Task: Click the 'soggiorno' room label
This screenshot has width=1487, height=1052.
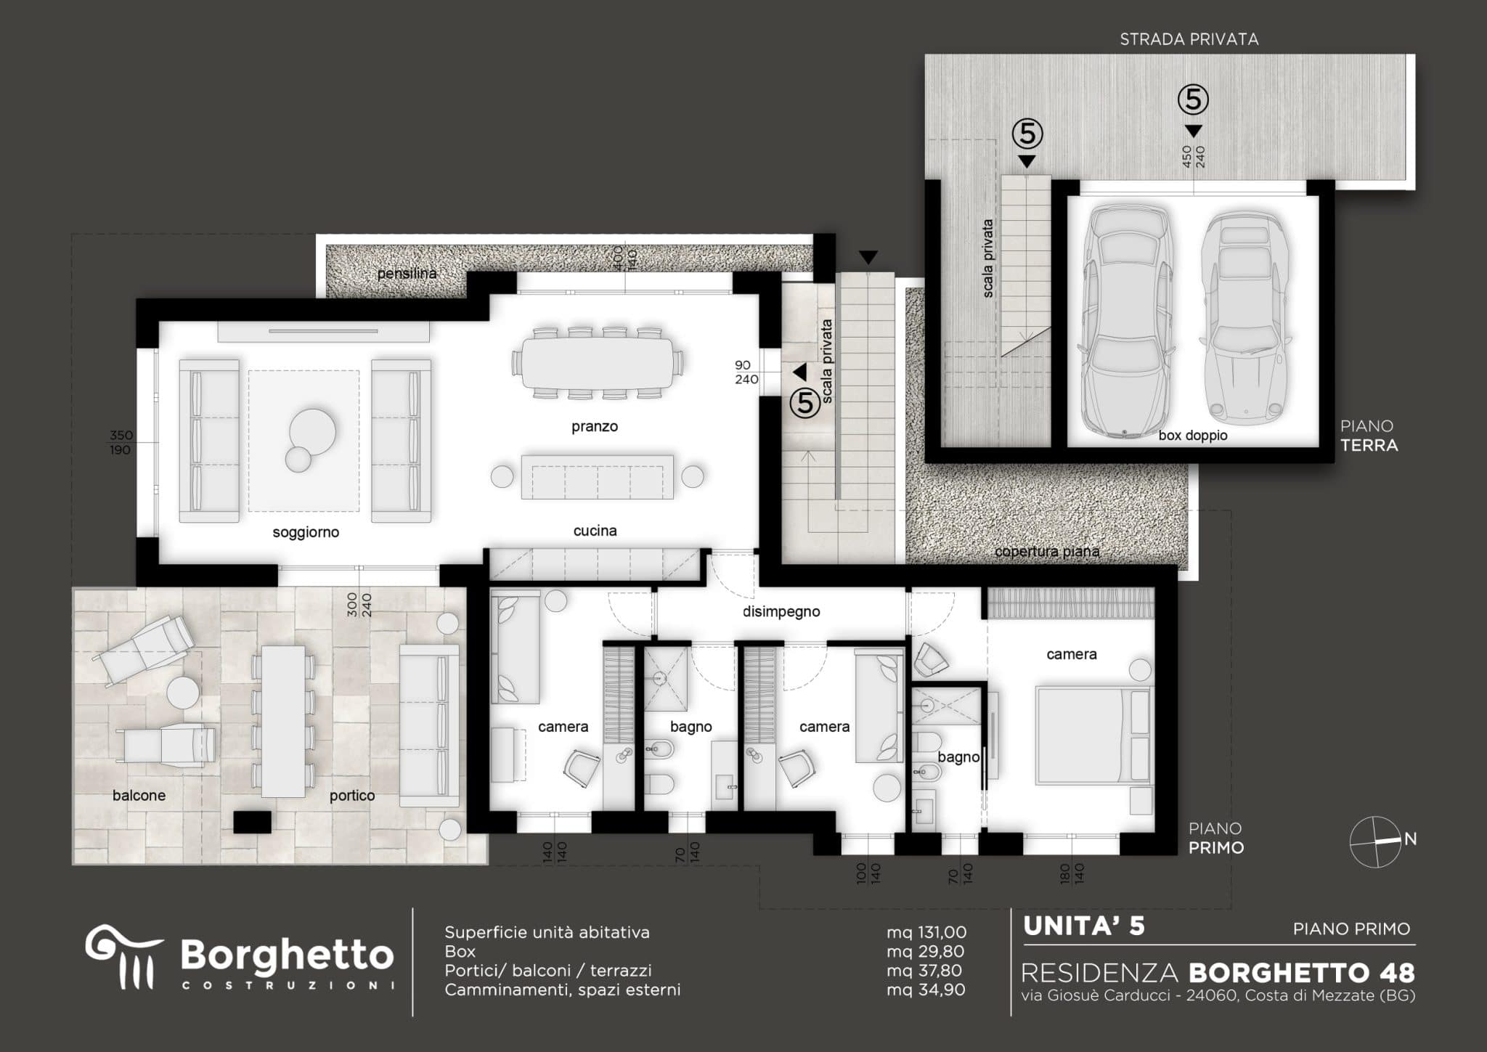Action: pyautogui.click(x=306, y=533)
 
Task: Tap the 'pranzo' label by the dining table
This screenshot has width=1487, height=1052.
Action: pyautogui.click(x=595, y=427)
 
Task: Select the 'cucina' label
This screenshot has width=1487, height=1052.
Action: pyautogui.click(x=595, y=531)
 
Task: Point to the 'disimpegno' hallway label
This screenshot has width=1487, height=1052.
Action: pyautogui.click(x=781, y=612)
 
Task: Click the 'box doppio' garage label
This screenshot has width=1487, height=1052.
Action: pyautogui.click(x=1193, y=436)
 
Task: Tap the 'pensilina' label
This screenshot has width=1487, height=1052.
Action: pyautogui.click(x=407, y=274)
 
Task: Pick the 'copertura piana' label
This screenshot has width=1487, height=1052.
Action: pyautogui.click(x=1047, y=552)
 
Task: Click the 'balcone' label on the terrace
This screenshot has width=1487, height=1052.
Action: pyautogui.click(x=139, y=796)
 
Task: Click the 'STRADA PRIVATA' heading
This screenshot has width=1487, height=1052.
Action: pyautogui.click(x=1189, y=39)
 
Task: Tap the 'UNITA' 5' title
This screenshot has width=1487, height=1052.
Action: pyautogui.click(x=1084, y=926)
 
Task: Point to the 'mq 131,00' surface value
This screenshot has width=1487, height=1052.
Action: pyautogui.click(x=926, y=933)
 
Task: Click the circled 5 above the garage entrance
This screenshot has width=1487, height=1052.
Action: pyautogui.click(x=1193, y=99)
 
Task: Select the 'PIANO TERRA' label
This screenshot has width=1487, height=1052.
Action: pyautogui.click(x=1369, y=436)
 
